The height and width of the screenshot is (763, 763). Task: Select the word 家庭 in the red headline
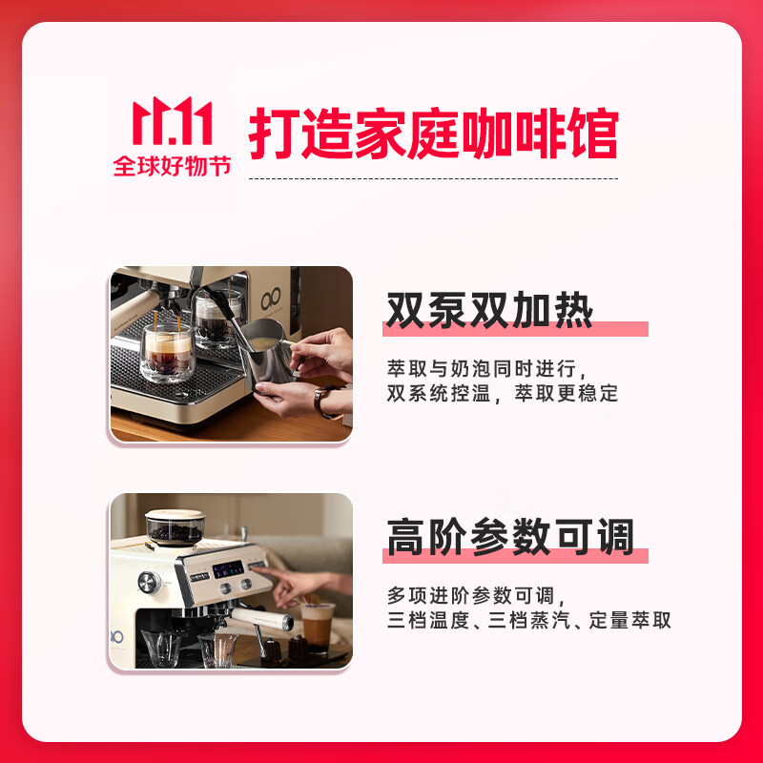(x=381, y=134)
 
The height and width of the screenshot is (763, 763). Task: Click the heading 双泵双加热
(x=489, y=311)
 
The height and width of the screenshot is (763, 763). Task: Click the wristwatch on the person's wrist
(x=326, y=401)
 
